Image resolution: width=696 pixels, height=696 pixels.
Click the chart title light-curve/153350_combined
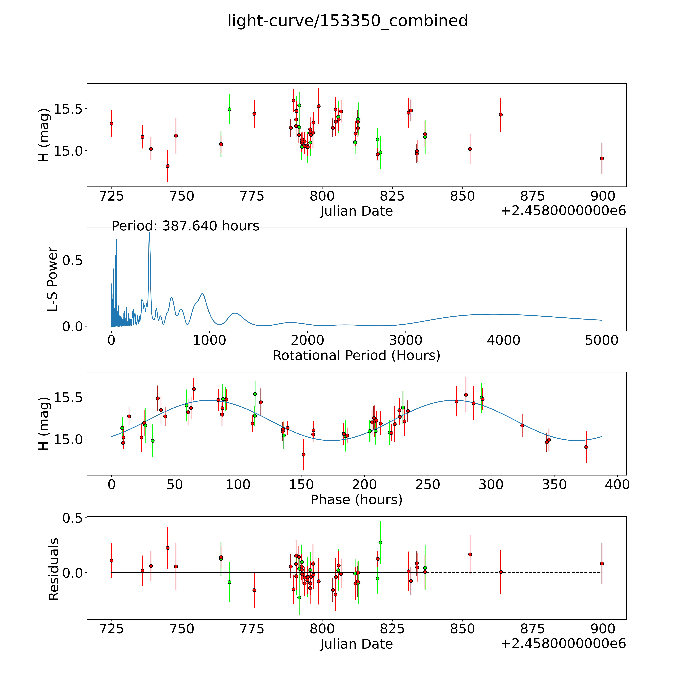[x=348, y=21]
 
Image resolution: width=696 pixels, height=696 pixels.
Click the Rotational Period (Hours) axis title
[x=356, y=356]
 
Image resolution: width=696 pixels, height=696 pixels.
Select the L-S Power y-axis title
[x=53, y=279]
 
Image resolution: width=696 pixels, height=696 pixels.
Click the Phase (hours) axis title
[x=356, y=500]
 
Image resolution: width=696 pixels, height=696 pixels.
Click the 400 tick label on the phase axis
[x=617, y=484]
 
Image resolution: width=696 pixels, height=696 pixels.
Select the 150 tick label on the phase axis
[x=301, y=484]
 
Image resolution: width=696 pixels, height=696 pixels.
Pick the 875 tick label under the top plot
[x=532, y=196]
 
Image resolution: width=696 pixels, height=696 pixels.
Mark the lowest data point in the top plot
[x=168, y=166]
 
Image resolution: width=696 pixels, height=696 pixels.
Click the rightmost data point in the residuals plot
[x=602, y=563]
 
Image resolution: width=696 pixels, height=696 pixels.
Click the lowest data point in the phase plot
[x=303, y=455]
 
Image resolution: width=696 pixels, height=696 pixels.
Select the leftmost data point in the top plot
[x=112, y=124]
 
